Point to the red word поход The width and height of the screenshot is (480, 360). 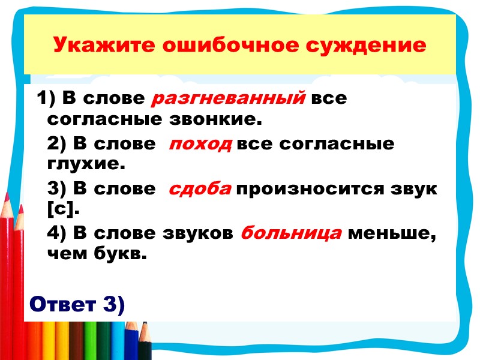pyautogui.click(x=200, y=144)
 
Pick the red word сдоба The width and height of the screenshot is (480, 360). pyautogui.click(x=200, y=189)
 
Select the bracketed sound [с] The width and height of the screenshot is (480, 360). pyautogui.click(x=62, y=209)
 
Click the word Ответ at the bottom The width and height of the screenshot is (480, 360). pyautogui.click(x=62, y=304)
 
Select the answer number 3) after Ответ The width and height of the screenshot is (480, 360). pyautogui.click(x=113, y=304)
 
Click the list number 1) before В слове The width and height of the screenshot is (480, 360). pyautogui.click(x=46, y=98)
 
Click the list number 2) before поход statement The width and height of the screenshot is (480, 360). pyautogui.click(x=56, y=144)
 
